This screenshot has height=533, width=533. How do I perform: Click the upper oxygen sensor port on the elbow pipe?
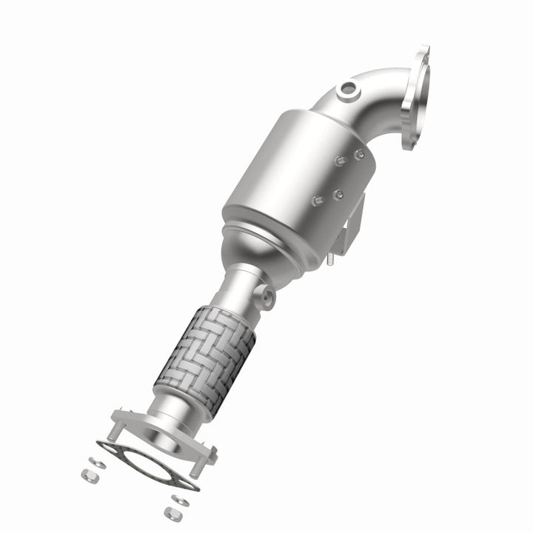(x=346, y=92)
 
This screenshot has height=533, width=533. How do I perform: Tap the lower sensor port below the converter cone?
(x=266, y=297)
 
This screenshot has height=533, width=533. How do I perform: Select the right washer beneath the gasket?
(x=180, y=500)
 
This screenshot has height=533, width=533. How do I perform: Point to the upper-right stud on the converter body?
(x=359, y=155)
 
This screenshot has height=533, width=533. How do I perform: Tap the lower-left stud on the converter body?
(x=318, y=200)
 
